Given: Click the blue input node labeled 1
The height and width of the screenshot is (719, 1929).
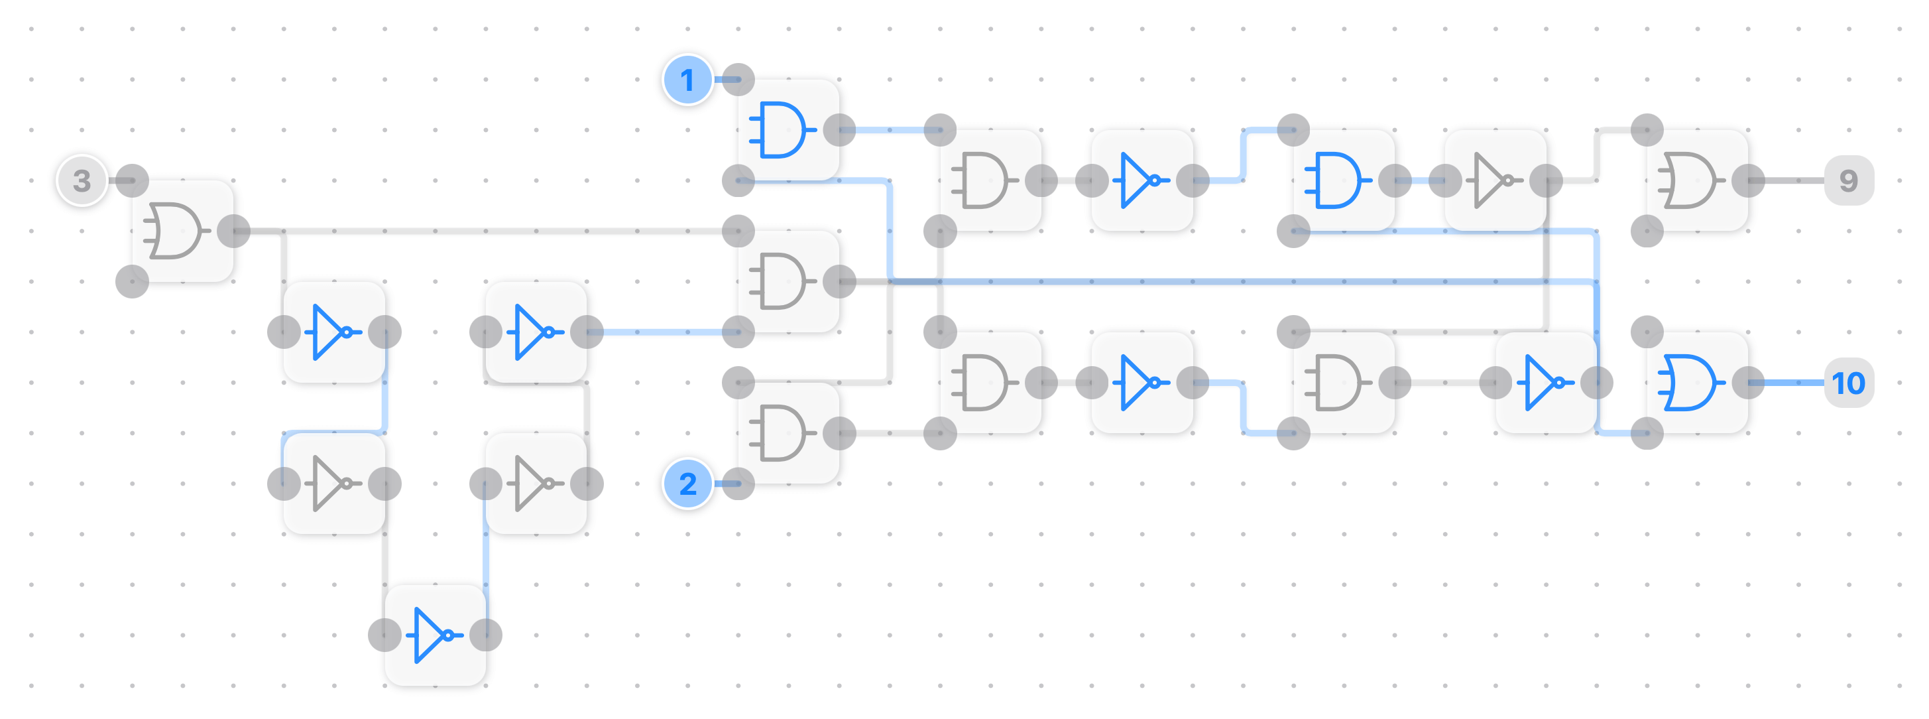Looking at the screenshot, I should point(687,80).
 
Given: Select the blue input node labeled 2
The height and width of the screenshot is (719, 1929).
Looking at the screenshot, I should point(687,484).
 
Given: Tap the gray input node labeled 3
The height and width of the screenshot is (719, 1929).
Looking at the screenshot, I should point(82,180).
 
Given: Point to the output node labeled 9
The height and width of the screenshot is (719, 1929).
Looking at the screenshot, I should point(1848,180).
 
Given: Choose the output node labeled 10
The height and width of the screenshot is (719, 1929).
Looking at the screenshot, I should point(1848,383).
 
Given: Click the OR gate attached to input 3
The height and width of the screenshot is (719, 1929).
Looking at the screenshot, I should point(182,231).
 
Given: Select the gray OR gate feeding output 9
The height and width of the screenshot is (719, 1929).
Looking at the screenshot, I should point(1697,180).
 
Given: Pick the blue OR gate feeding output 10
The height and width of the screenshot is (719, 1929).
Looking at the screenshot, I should point(1697,383).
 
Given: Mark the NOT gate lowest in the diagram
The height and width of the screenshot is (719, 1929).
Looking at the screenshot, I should point(435,635).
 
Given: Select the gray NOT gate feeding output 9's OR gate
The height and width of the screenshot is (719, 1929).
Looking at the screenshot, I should point(1495,180).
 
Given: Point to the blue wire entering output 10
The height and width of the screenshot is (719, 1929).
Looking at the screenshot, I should point(1794,383).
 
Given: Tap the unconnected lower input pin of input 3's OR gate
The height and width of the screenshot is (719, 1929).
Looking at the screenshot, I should point(133,282).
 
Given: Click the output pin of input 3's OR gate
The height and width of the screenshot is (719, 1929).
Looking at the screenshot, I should point(233,231).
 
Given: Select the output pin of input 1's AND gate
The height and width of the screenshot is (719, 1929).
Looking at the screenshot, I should point(839,129).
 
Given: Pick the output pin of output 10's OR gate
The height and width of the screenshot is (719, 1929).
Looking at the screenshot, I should point(1749,383).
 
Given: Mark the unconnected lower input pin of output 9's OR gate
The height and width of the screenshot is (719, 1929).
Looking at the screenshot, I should point(1647,231).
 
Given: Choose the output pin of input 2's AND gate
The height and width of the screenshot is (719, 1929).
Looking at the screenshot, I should point(839,433).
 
